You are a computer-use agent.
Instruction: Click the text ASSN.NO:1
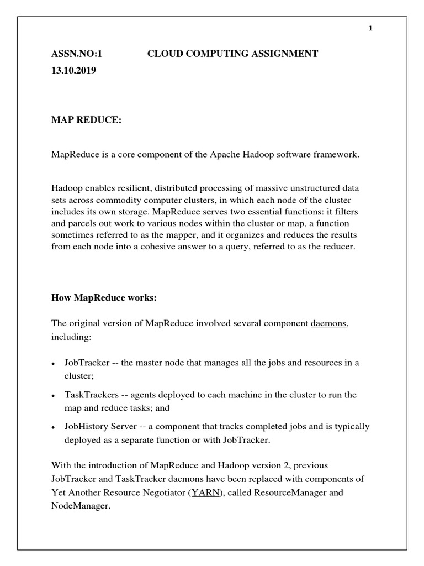pyautogui.click(x=77, y=54)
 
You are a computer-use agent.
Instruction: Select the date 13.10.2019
pyautogui.click(x=74, y=71)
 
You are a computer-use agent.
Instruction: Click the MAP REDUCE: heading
pyautogui.click(x=86, y=121)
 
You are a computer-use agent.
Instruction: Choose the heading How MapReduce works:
pyautogui.click(x=104, y=298)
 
